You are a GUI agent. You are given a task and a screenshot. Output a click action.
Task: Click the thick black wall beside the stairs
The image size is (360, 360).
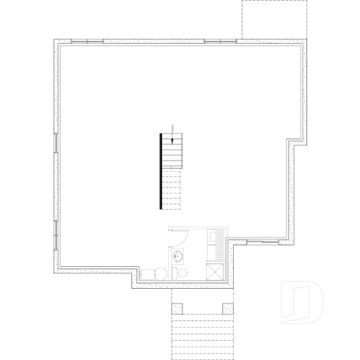161,171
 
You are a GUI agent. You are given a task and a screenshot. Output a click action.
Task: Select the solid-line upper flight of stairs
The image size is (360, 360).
172,153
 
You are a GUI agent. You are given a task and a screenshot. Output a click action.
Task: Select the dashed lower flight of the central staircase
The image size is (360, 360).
172,191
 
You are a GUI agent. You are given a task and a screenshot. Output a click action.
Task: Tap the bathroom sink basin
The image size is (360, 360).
177,257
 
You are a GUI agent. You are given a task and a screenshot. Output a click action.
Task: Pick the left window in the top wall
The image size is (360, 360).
95,41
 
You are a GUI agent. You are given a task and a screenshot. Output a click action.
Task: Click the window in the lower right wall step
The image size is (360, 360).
262,241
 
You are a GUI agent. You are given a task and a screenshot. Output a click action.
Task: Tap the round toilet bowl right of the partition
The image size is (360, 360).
183,273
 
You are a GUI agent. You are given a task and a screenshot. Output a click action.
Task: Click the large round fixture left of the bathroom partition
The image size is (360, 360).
151,272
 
